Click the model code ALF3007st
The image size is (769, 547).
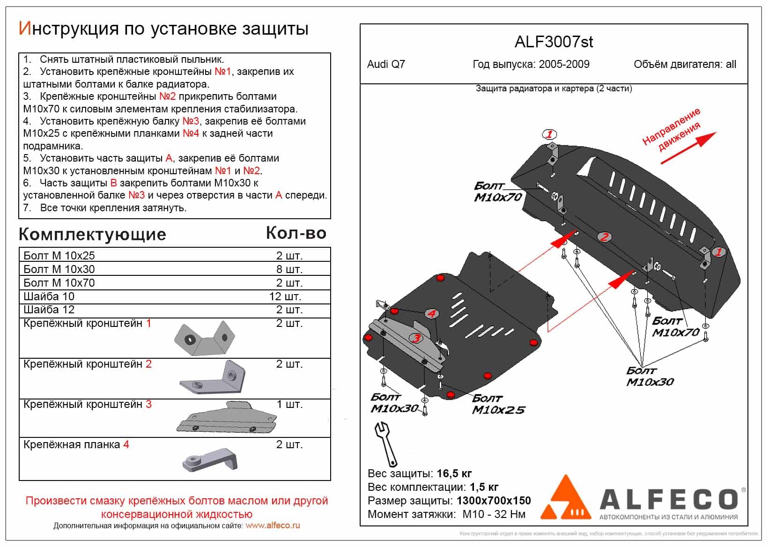pos(554,42)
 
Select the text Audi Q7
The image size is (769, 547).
pos(386,65)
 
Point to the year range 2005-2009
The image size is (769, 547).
pos(564,65)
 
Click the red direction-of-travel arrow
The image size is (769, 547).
pos(688,148)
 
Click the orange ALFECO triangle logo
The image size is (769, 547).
pos(568,498)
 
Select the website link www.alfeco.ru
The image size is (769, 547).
pos(273,525)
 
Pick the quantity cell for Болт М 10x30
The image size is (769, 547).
pos(289,269)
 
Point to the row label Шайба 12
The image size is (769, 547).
pos(49,310)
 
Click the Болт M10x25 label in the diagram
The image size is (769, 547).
pos(498,404)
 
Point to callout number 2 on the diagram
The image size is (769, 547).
pos(604,237)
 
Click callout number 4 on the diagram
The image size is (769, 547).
pos(431,314)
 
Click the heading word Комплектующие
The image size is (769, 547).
pos(92,234)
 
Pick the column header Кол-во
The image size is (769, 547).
pos(296,233)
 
